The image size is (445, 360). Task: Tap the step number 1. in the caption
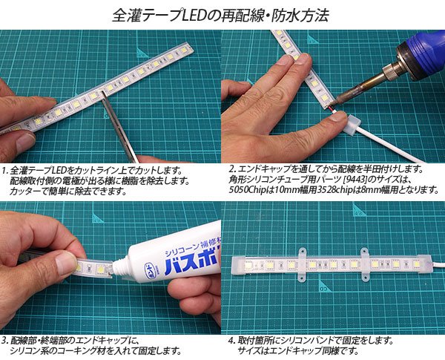point(5,168)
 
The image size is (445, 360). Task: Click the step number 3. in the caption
point(5,340)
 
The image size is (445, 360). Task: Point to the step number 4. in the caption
point(231,340)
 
